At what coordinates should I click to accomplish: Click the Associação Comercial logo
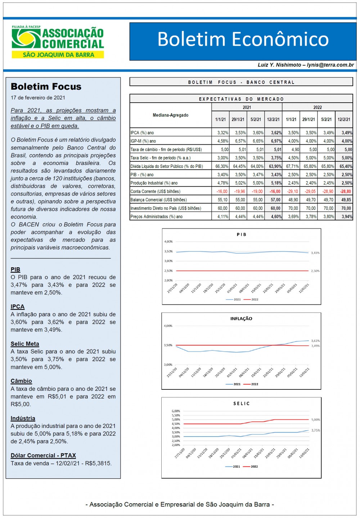coord(58,42)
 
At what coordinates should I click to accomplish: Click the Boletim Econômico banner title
coord(243,39)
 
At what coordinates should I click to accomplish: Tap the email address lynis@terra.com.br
coord(330,65)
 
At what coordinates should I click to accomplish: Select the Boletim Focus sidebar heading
coord(46,86)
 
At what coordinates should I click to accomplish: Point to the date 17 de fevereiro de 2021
coord(38,98)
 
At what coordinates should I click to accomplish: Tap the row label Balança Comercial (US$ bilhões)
coord(158,200)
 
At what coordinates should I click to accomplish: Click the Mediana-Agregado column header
coord(171,115)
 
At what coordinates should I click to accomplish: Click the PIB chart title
coord(242,235)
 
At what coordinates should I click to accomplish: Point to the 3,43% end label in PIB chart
coord(315,253)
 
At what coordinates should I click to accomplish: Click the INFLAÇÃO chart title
coord(241,318)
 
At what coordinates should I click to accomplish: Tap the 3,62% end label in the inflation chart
coord(315,341)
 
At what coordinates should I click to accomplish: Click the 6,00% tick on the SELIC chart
coord(176,411)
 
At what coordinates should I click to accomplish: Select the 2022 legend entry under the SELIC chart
coord(251,466)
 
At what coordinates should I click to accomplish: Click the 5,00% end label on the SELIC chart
coord(315,420)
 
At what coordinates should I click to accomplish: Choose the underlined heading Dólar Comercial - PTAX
coord(43,455)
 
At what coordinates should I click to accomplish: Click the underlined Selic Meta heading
coord(25,344)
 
